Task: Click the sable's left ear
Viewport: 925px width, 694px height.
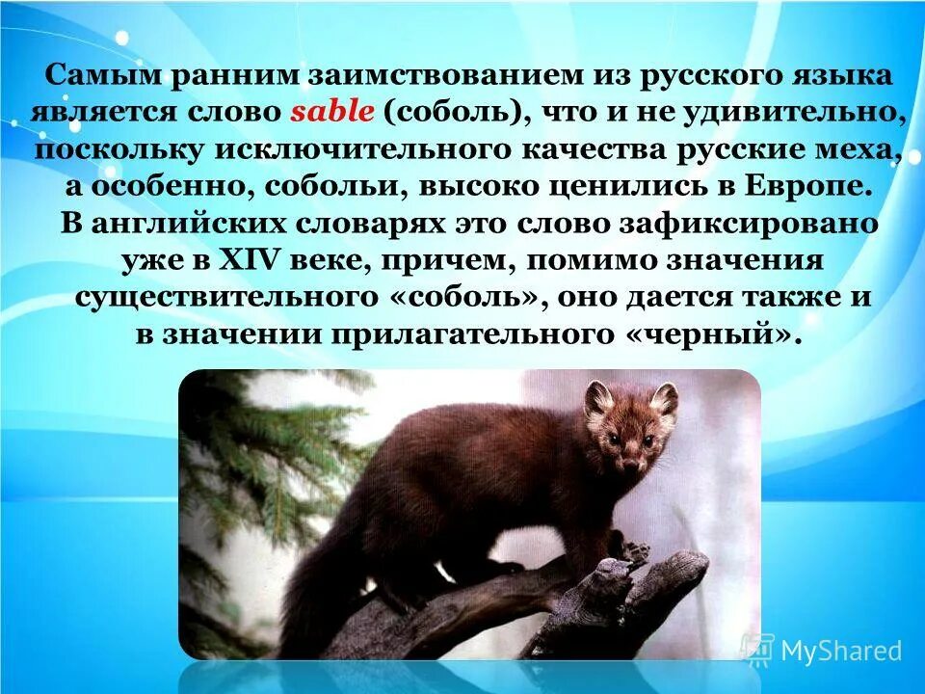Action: pyautogui.click(x=598, y=396)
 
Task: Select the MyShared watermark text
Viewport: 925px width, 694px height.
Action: pyautogui.click(x=840, y=651)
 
